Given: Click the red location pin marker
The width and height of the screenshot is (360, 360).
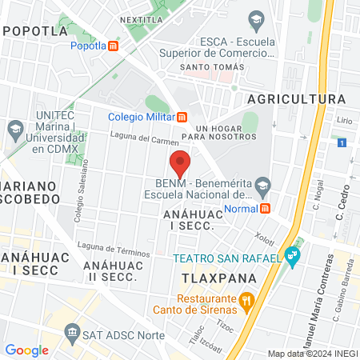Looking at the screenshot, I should (180, 162).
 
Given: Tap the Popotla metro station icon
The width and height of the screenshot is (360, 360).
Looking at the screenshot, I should (114, 46).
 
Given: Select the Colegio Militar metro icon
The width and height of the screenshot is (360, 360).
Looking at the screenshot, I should (182, 115).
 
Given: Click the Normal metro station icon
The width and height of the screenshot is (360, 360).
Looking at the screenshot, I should (263, 208).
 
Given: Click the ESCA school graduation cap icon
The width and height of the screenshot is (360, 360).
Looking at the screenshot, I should (256, 19).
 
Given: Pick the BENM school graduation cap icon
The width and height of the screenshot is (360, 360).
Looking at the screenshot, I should (262, 189).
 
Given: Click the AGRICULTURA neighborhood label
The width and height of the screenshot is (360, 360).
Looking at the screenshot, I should (297, 98).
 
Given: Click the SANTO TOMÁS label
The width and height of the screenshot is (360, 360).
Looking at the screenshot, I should (210, 66).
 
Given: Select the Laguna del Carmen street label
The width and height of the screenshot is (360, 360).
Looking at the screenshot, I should (144, 140).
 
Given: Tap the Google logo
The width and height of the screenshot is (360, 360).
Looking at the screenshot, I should (26, 350).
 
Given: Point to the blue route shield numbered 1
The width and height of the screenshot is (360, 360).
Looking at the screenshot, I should (341, 142).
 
